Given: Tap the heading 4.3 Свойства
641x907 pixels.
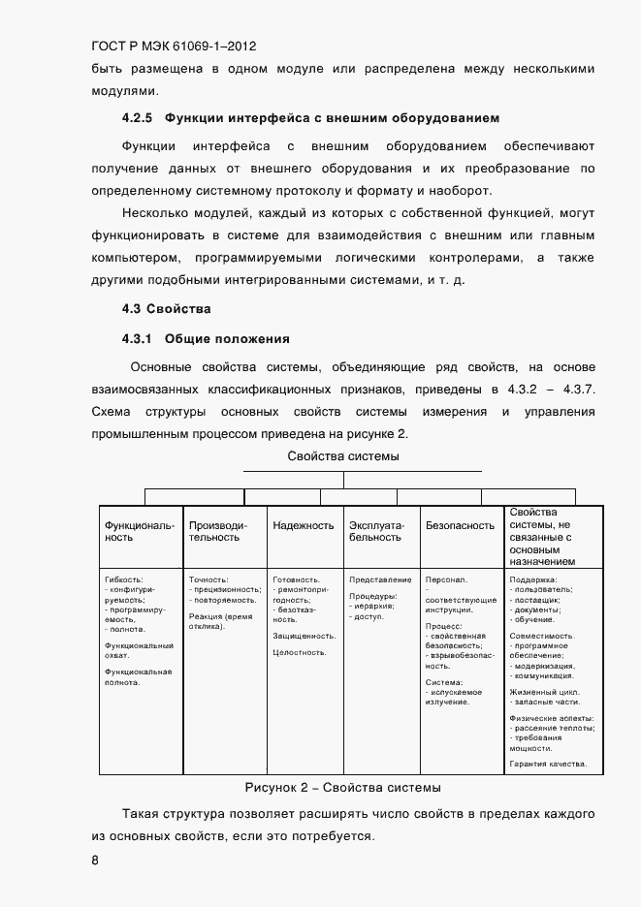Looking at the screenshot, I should [166, 309].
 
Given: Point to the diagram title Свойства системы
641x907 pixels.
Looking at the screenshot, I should [343, 455].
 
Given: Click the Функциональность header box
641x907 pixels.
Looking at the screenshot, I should [141, 531].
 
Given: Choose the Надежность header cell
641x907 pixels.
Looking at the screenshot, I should [304, 525].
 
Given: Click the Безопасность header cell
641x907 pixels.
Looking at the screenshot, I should [461, 525].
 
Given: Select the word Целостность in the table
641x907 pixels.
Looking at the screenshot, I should [300, 652].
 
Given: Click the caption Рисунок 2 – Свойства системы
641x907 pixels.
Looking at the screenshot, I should [343, 787].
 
